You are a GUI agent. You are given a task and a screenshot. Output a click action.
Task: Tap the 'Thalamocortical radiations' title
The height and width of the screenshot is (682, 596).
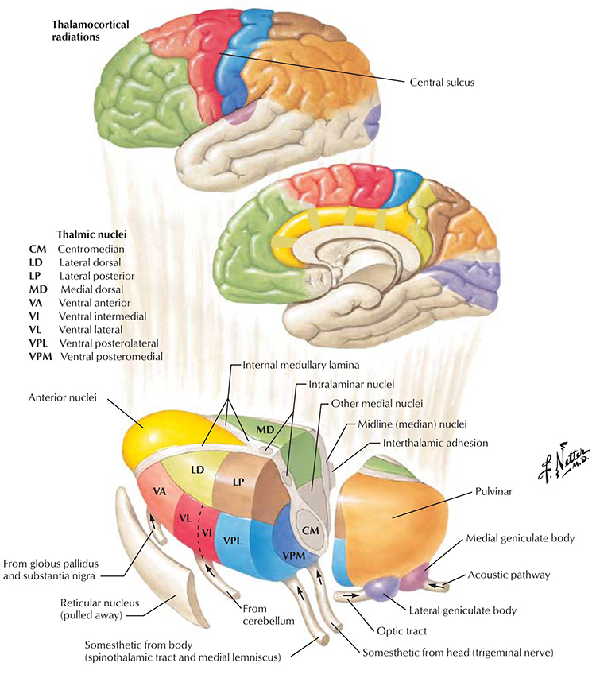pyautogui.click(x=86, y=31)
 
